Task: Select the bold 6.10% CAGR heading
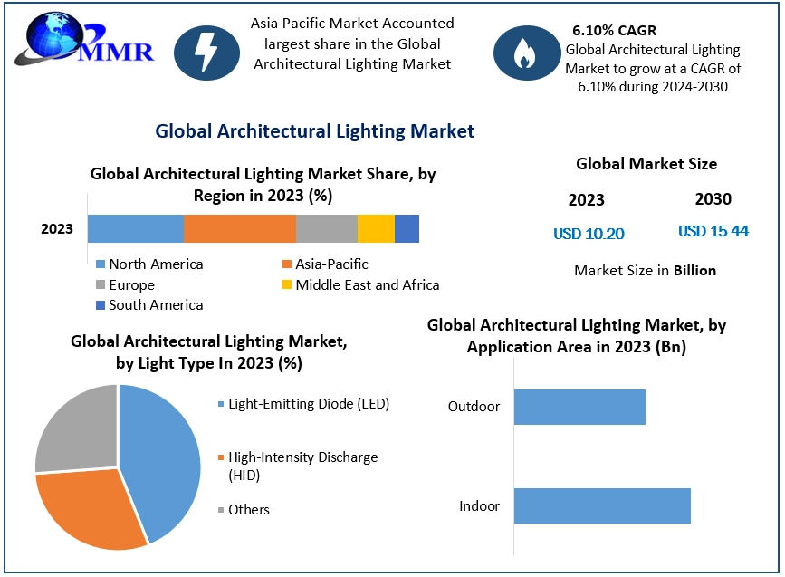pyautogui.click(x=615, y=30)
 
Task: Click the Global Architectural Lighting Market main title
pyautogui.click(x=314, y=131)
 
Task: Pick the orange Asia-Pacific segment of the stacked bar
pyautogui.click(x=240, y=229)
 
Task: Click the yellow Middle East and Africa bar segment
pyautogui.click(x=376, y=229)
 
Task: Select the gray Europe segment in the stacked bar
pyautogui.click(x=327, y=229)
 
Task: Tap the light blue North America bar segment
pyautogui.click(x=136, y=229)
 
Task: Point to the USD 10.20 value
pyautogui.click(x=589, y=234)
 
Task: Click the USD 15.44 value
pyautogui.click(x=713, y=231)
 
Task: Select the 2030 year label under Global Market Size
pyautogui.click(x=713, y=199)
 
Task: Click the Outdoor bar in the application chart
pyautogui.click(x=579, y=407)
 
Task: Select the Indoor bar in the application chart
pyautogui.click(x=602, y=505)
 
